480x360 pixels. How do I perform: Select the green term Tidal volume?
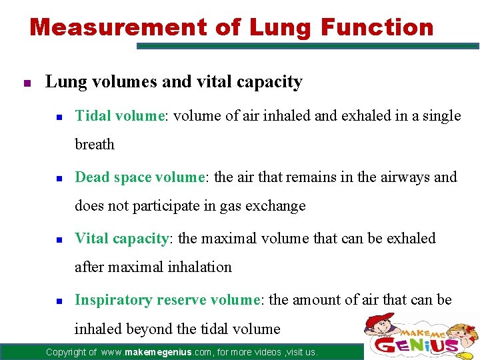pos(119,116)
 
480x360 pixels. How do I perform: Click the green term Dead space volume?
pos(139,177)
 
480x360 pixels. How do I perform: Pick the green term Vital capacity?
pos(121,239)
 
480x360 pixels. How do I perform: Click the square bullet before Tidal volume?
pos(59,117)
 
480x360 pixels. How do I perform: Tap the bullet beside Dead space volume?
pos(59,179)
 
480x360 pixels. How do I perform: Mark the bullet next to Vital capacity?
pos(59,240)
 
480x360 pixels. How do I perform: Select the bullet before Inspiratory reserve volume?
pos(59,301)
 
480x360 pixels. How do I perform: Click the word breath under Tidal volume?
pos(95,145)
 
